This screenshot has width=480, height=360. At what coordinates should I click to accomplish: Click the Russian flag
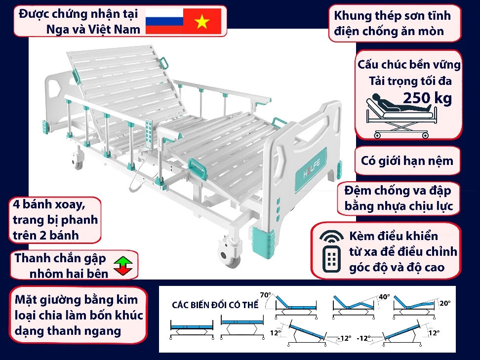(164, 21)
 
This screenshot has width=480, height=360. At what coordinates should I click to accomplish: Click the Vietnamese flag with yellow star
(202, 21)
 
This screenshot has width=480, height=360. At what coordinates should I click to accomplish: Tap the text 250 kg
(427, 98)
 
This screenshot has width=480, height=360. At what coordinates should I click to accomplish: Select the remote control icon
(331, 251)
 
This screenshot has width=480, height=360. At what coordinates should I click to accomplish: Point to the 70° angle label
(266, 295)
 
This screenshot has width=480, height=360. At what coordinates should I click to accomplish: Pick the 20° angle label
(445, 303)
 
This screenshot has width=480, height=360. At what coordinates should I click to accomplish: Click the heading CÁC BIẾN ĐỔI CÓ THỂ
(215, 305)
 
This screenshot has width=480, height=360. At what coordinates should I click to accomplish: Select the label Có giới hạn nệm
(407, 161)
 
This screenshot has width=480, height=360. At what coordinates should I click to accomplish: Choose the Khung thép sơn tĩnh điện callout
(392, 23)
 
